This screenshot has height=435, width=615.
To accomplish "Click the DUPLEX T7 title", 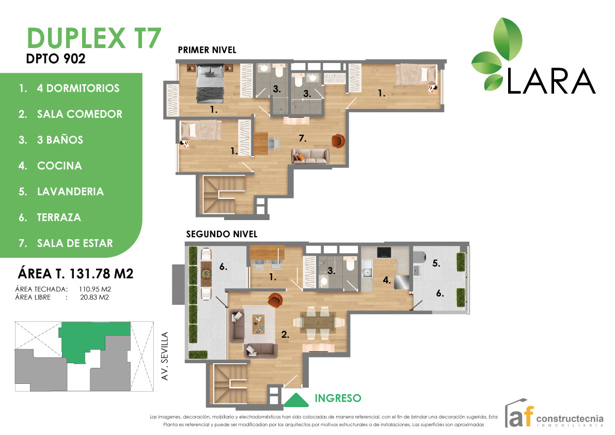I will tap(93, 39).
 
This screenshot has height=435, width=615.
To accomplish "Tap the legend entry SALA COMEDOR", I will tap(80, 114).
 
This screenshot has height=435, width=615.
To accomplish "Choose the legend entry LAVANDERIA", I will tap(70, 192).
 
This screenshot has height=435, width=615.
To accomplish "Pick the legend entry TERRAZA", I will tap(59, 218).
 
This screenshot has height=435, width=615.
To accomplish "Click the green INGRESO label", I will tap(337, 398).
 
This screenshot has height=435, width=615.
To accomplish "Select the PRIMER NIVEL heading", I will tap(207, 50).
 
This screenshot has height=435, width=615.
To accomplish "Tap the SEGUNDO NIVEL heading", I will tap(221, 234).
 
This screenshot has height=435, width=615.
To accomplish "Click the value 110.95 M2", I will tap(96, 289).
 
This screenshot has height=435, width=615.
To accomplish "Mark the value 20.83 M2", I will tap(94, 297).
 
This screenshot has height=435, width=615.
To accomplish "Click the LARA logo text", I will tap(551, 82).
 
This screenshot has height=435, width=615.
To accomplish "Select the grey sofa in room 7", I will tap(310, 156).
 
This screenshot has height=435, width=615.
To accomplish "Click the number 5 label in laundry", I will tap(436, 263).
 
